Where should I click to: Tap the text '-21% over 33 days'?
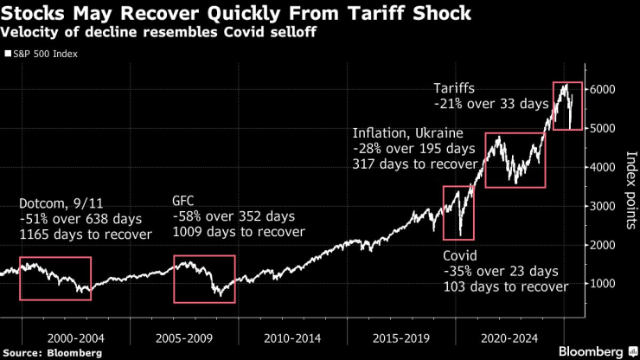[x=491, y=104]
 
